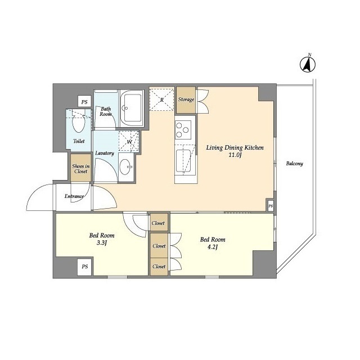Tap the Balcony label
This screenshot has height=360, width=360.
point(294,164)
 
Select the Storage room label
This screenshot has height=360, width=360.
point(186,100)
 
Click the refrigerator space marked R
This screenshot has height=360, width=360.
point(162,100)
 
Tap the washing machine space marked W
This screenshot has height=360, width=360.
point(129,142)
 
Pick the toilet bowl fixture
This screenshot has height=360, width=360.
point(78,122)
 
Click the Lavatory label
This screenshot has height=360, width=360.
point(105,153)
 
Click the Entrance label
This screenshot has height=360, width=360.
point(74,196)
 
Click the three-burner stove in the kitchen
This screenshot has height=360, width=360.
point(183,130)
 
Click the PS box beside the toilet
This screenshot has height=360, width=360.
point(84,102)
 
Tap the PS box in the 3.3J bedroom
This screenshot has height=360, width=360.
point(84,266)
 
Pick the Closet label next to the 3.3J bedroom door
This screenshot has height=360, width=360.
point(159,223)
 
